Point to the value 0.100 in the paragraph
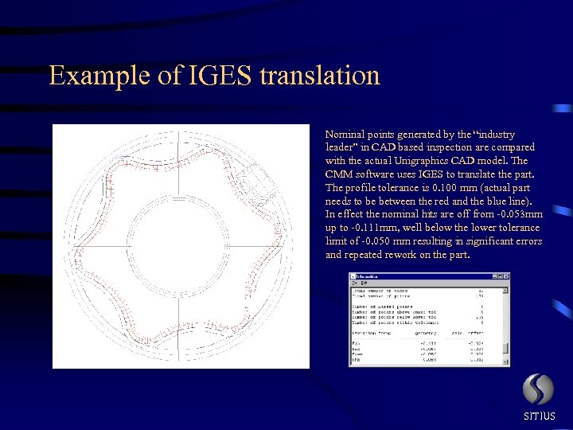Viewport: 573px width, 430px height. pos(439,188)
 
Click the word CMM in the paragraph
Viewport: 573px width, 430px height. pos(338,174)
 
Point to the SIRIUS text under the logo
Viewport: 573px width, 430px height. pos(539,416)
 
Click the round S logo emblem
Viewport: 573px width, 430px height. pos(538,389)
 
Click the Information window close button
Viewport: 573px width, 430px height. pos(504,276)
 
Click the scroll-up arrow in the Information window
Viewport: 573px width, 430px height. pos(505,289)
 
